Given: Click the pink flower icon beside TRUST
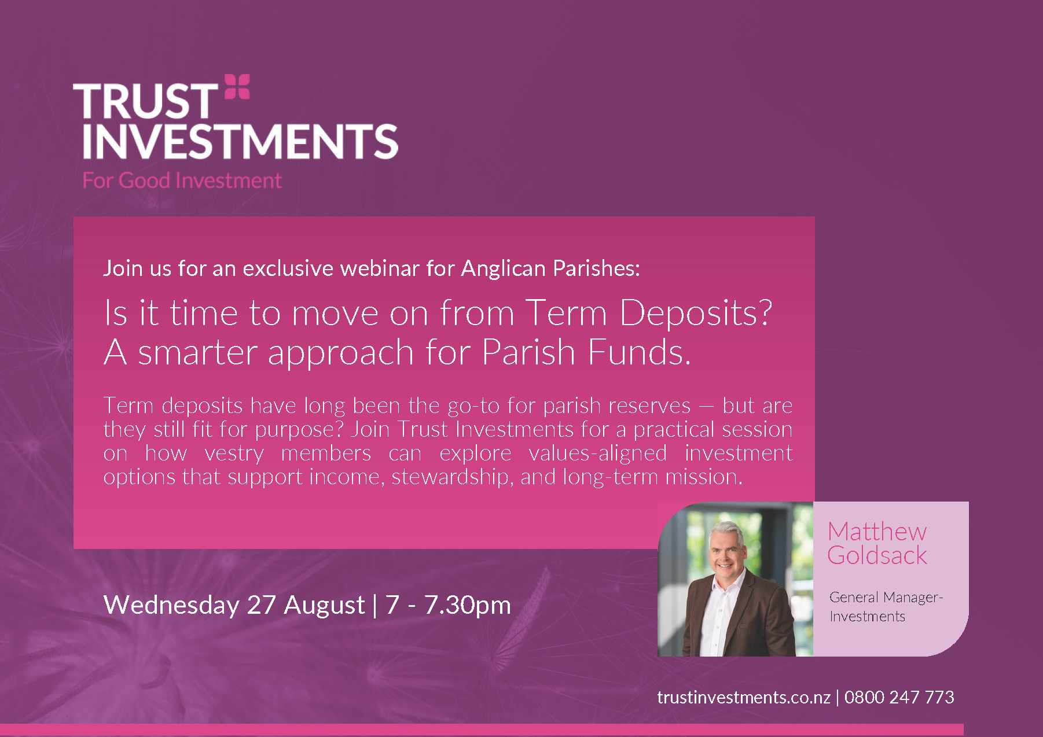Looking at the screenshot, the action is pyautogui.click(x=237, y=86).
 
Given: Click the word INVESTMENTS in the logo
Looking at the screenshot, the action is pyautogui.click(x=240, y=141).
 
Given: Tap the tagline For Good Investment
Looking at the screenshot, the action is pyautogui.click(x=182, y=180).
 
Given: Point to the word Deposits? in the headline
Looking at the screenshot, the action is pyautogui.click(x=696, y=313).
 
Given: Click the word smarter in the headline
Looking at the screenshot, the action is pyautogui.click(x=197, y=352).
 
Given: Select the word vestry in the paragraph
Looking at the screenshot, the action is pyautogui.click(x=234, y=454).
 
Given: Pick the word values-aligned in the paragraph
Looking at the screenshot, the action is pyautogui.click(x=598, y=453).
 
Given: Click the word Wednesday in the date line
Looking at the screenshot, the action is pyautogui.click(x=171, y=605).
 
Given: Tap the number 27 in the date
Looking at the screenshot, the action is pyautogui.click(x=261, y=605).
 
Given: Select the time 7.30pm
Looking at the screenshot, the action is pyautogui.click(x=468, y=605).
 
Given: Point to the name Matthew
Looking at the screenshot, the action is pyautogui.click(x=877, y=531).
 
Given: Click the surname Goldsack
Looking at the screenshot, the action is pyautogui.click(x=877, y=555).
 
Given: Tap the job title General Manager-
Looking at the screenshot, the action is pyautogui.click(x=886, y=598).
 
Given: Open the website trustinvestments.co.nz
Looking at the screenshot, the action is pyautogui.click(x=744, y=697).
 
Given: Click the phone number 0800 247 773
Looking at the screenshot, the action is pyautogui.click(x=899, y=697).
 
